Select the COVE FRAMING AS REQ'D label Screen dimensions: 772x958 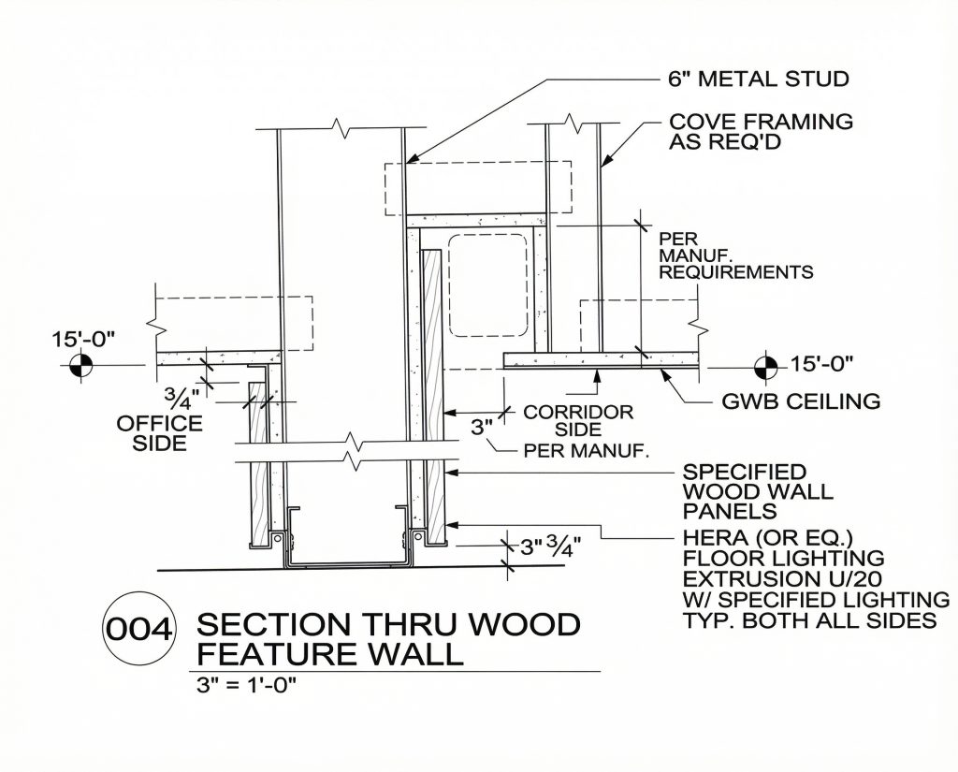[761, 132]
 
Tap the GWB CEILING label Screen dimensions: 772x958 [801, 401]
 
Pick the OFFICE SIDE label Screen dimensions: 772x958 [159, 433]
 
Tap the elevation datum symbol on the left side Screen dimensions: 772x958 [81, 365]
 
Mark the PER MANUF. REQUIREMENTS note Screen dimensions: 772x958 [735, 255]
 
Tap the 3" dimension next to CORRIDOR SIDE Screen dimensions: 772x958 [481, 428]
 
